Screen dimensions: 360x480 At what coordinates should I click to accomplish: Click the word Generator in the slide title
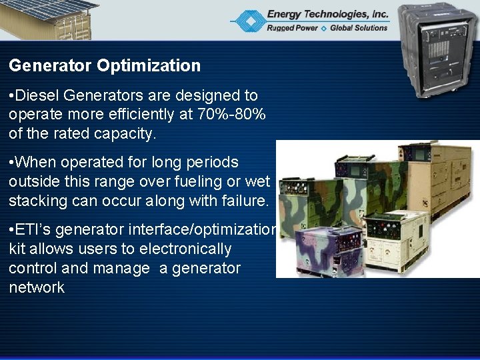[51, 65]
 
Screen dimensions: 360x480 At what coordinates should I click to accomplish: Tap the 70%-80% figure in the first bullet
[231, 115]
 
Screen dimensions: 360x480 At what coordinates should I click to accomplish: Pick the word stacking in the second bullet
[37, 201]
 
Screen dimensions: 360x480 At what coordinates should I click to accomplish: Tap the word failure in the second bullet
[244, 201]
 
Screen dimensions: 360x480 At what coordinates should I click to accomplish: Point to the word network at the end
[37, 288]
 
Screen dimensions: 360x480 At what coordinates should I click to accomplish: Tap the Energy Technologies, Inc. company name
[327, 13]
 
